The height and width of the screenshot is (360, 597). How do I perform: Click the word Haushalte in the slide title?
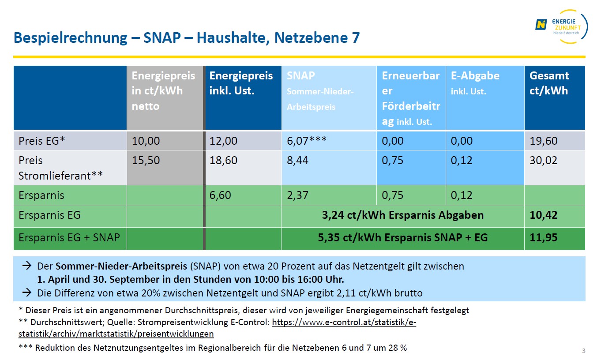[231, 38]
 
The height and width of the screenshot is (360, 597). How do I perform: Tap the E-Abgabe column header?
[475, 83]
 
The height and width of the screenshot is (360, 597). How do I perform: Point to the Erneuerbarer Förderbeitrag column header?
[411, 98]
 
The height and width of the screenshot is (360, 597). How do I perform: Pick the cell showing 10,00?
[146, 141]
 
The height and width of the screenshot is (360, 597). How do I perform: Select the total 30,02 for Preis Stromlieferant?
[543, 160]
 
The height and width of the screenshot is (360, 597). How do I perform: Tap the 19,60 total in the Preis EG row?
[543, 141]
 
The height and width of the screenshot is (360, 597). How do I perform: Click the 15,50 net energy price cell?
[146, 160]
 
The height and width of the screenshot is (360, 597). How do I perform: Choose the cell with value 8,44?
[297, 160]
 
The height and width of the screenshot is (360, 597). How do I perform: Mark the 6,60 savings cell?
[220, 195]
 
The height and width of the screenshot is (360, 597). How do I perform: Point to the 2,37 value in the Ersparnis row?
[297, 195]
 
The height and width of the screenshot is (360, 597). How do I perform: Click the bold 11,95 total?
[543, 238]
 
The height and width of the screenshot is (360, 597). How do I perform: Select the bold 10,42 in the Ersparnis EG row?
[543, 215]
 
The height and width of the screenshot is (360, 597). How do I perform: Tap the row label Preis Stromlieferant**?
[60, 168]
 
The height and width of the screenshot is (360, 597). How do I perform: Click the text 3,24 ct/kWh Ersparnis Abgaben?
[403, 215]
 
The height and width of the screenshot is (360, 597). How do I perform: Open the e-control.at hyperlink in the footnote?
[344, 322]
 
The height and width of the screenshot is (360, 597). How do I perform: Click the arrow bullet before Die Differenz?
[26, 292]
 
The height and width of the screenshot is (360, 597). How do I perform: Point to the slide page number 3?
[584, 351]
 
